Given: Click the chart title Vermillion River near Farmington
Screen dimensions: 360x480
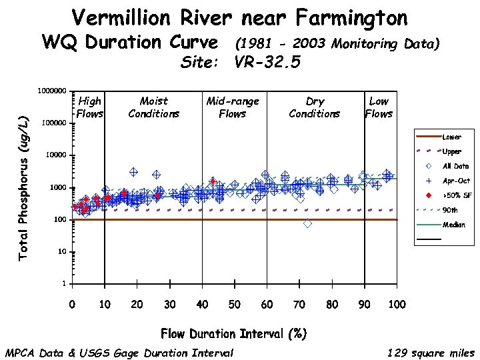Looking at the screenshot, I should pyautogui.click(x=239, y=17).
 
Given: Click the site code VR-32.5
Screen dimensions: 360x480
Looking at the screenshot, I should pyautogui.click(x=267, y=63).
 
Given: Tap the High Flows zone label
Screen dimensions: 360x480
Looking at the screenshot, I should pyautogui.click(x=89, y=107).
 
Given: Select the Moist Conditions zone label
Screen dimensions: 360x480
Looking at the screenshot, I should pyautogui.click(x=154, y=107).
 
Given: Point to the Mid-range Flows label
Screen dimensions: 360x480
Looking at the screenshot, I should pyautogui.click(x=233, y=107).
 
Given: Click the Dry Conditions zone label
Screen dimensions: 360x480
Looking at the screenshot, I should pyautogui.click(x=315, y=107).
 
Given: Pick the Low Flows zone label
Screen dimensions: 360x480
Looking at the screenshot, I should pyautogui.click(x=379, y=107).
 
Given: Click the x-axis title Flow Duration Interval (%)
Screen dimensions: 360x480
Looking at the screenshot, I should pyautogui.click(x=233, y=333).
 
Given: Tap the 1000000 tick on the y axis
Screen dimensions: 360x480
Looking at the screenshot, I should pyautogui.click(x=51, y=91).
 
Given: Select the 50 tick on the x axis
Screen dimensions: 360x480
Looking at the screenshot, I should pyautogui.click(x=235, y=305).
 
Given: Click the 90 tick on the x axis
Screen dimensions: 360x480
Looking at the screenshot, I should pyautogui.click(x=365, y=305).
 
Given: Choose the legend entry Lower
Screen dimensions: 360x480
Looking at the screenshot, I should pyautogui.click(x=452, y=137).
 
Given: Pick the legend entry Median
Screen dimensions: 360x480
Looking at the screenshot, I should pyautogui.click(x=454, y=225).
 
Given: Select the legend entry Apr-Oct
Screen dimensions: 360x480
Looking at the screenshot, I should pyautogui.click(x=456, y=181).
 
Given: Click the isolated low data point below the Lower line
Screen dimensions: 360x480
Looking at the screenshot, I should pyautogui.click(x=307, y=224).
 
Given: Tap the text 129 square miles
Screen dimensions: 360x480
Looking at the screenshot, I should pyautogui.click(x=431, y=353).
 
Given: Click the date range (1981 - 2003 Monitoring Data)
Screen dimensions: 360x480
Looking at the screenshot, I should pyautogui.click(x=337, y=45).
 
